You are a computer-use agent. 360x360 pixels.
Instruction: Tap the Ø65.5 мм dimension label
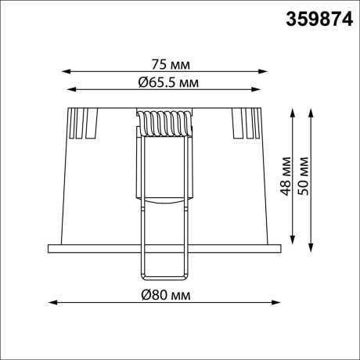click(x=164, y=81)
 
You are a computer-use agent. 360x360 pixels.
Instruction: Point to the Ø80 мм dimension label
click(x=164, y=295)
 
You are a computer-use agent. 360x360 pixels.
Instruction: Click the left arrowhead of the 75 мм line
click(x=64, y=71)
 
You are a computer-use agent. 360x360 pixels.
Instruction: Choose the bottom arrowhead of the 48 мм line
click(x=293, y=239)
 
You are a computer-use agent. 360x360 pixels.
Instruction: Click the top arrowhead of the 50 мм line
click(x=311, y=108)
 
